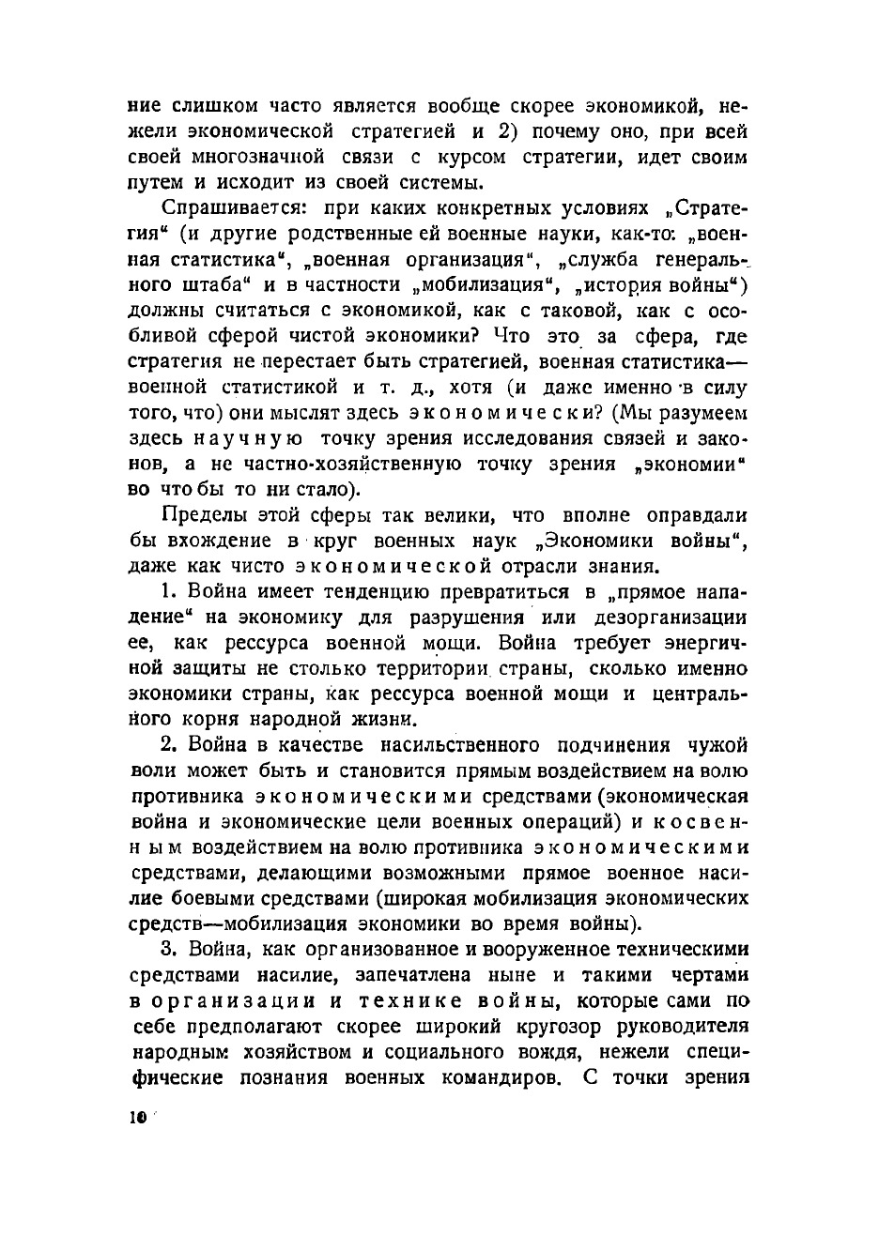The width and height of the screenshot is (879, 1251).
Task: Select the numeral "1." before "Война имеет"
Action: (x=169, y=592)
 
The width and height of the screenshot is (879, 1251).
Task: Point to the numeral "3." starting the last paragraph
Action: (x=169, y=949)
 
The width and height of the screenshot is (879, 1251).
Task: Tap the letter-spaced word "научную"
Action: (x=248, y=438)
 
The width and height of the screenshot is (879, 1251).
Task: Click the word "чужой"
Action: (x=717, y=745)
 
